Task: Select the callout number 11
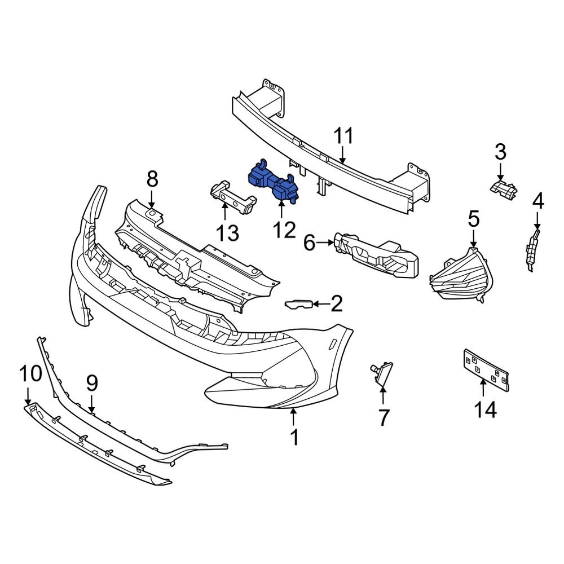[343, 137]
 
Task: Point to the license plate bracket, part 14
[486, 370]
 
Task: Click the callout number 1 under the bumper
[294, 437]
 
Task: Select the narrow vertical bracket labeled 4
[531, 248]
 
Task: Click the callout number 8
[152, 180]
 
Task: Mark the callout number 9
[91, 384]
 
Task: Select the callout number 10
[30, 373]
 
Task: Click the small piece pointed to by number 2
[298, 305]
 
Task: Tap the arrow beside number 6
[325, 243]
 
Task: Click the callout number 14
[485, 409]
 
